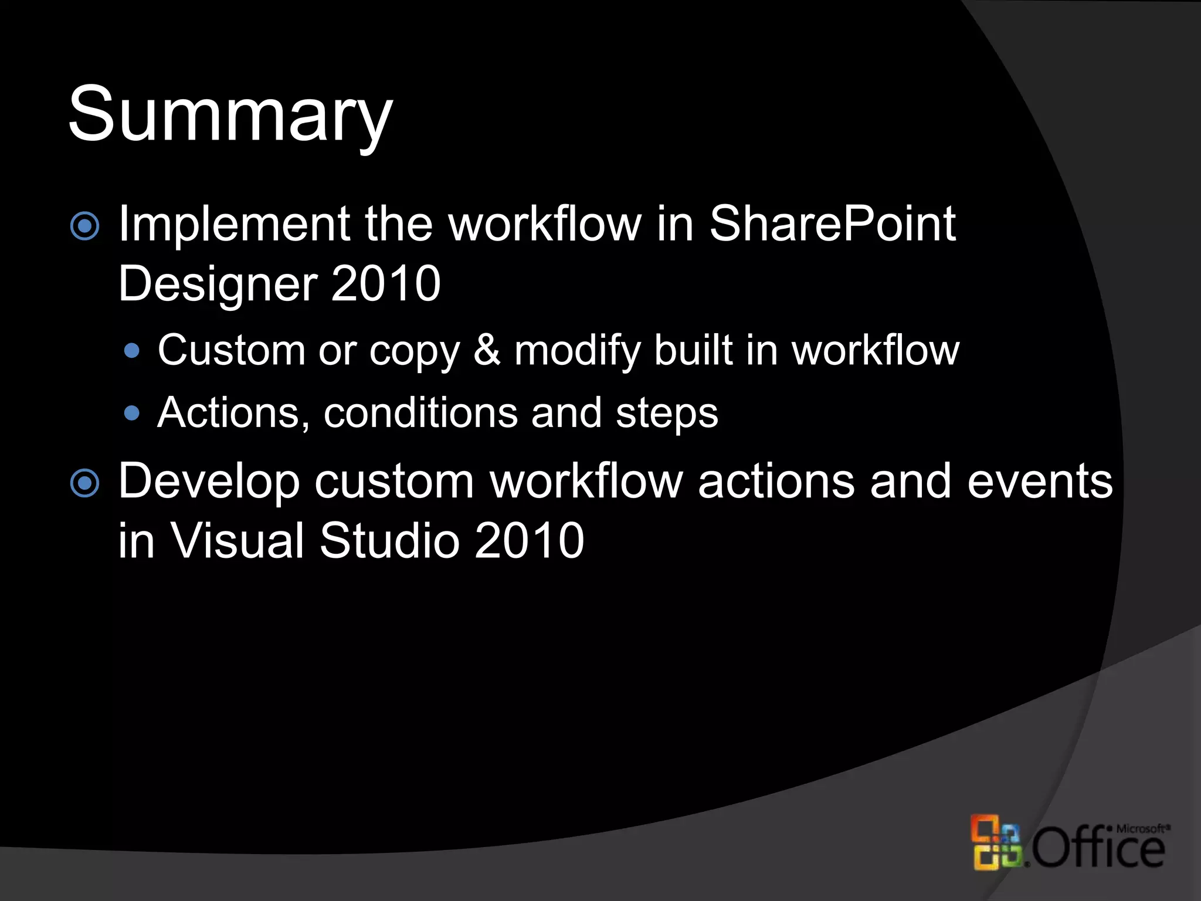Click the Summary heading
pos(230,114)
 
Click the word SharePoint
pos(833,224)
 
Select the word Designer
pos(218,284)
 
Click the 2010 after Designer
pos(385,283)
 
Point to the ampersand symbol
pos(487,351)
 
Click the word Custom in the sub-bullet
pos(231,351)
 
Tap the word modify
pos(577,351)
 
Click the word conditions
pos(420,413)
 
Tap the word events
pos(1040,481)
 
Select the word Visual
pos(237,540)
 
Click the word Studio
pos(389,540)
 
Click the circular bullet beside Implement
pos(85,226)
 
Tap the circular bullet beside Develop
pos(85,483)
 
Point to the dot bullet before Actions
pos(133,414)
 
